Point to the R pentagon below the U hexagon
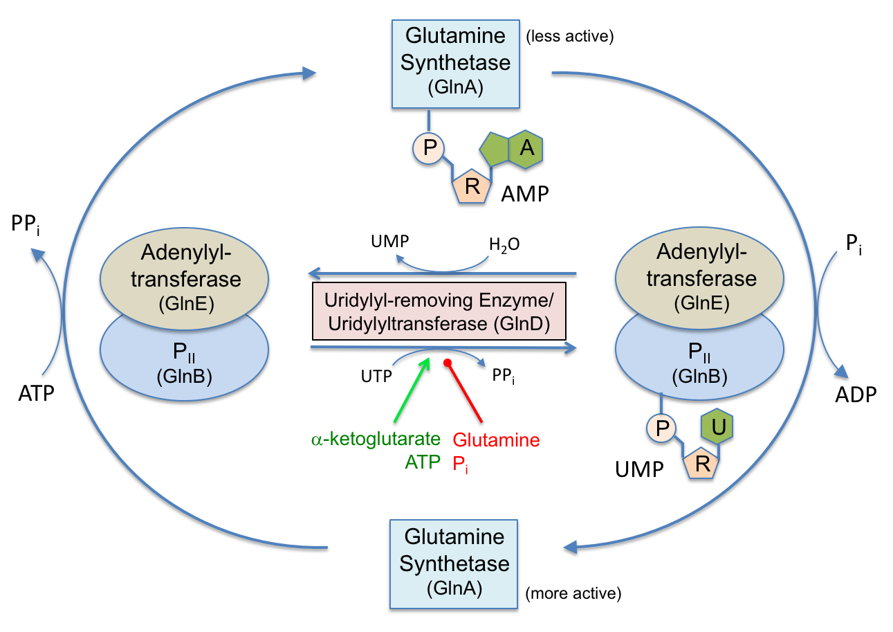[x=703, y=464]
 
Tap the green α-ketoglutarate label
[x=375, y=440]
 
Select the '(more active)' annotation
[x=573, y=593]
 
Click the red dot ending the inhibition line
[x=448, y=363]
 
